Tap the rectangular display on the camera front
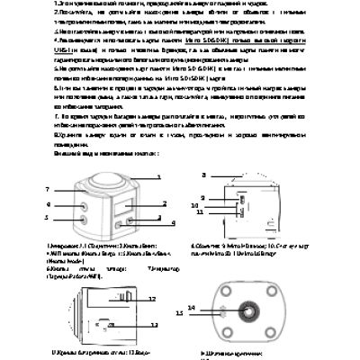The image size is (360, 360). [x=121, y=208]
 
